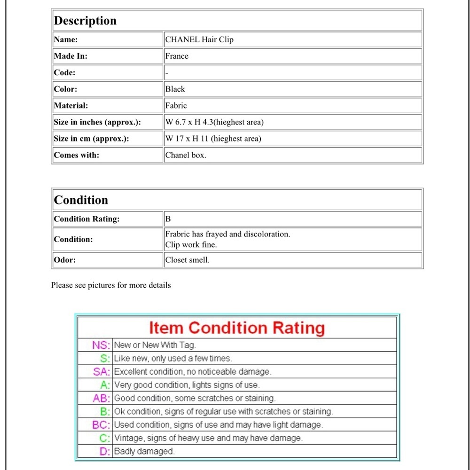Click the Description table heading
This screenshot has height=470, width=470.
tap(85, 21)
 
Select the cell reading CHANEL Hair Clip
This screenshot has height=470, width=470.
tap(199, 39)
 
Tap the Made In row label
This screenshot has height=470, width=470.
tap(70, 56)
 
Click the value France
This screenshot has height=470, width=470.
tap(177, 56)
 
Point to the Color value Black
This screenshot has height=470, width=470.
tap(175, 89)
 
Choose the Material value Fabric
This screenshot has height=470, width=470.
tap(176, 106)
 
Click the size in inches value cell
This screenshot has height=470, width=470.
tap(214, 122)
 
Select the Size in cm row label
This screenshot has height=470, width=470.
tap(91, 139)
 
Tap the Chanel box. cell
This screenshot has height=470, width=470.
tap(186, 155)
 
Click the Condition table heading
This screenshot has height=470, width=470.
tap(81, 200)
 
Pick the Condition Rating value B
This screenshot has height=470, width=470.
tap(168, 219)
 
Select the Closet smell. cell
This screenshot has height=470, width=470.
tap(187, 259)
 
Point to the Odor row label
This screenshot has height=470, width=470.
tap(64, 259)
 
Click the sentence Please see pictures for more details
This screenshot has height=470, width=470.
tap(111, 285)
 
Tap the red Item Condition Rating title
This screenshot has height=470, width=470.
tap(237, 328)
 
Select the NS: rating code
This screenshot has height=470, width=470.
tap(101, 345)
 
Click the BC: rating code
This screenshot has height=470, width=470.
tap(101, 425)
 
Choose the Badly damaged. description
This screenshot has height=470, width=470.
tap(144, 451)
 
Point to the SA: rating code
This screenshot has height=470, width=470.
tap(102, 372)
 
